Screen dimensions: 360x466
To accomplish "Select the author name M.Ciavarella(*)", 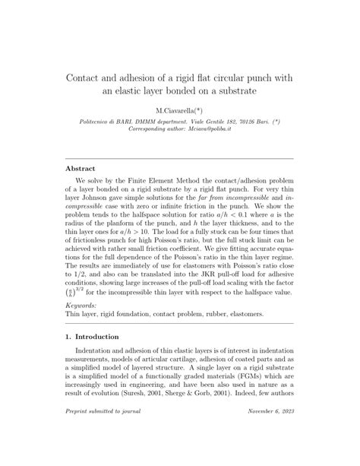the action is tap(179, 111).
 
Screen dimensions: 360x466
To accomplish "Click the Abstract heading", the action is tap(81, 169).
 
